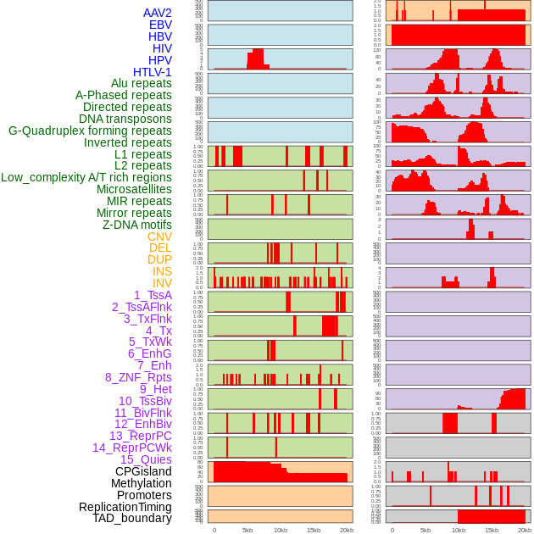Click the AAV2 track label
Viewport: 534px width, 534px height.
coord(157,13)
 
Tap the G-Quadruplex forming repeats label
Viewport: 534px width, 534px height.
coord(90,131)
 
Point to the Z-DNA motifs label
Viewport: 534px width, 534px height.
coord(136,225)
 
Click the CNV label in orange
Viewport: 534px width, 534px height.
coord(159,236)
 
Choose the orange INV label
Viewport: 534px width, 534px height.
coord(162,283)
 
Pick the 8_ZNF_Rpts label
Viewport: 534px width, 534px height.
coord(138,377)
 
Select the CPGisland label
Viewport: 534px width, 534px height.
coord(143,471)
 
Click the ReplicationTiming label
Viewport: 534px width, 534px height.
coord(125,507)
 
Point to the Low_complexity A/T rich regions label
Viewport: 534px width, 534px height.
coord(86,177)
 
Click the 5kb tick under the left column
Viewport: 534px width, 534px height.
coord(248,530)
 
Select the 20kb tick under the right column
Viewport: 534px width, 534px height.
coord(525,530)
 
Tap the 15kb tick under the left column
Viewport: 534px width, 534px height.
coord(314,530)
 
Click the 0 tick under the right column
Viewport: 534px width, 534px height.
coord(392,530)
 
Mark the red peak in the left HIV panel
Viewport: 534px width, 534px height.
coord(255,60)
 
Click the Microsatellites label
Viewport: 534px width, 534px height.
coord(134,189)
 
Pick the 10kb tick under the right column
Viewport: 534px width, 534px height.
coord(459,530)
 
